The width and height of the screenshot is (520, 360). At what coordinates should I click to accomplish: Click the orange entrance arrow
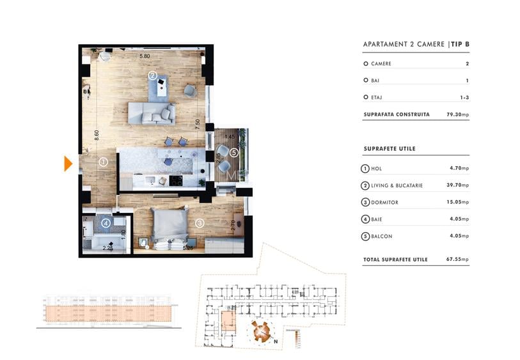68,164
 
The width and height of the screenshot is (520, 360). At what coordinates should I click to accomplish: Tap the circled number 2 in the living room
152,75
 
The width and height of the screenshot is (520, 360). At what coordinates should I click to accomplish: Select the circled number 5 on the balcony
234,152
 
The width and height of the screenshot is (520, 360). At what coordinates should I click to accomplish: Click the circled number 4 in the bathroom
106,223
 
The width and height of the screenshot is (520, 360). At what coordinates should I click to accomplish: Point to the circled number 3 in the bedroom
200,223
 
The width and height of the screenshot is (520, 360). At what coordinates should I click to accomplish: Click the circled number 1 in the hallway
103,162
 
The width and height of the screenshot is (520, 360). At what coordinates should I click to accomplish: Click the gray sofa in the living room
152,113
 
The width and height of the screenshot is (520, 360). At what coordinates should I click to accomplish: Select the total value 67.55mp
457,260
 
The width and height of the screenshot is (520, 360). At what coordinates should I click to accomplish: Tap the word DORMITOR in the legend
385,202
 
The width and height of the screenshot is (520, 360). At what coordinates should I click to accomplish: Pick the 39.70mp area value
458,185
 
